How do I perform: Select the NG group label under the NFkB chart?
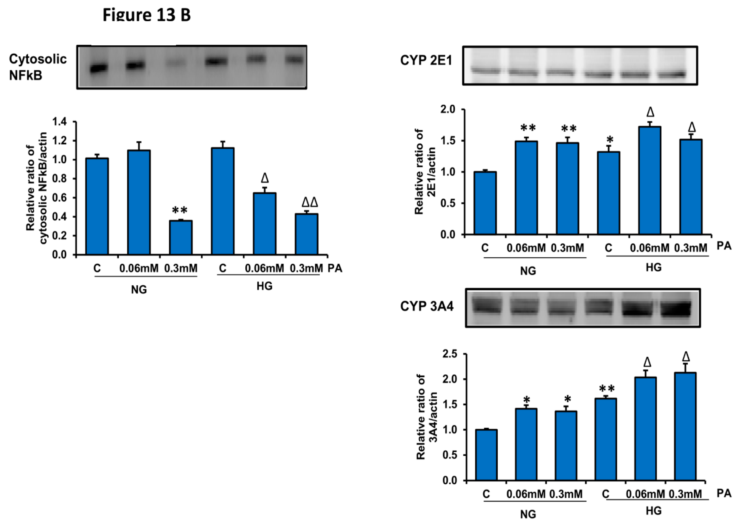(x=139, y=289)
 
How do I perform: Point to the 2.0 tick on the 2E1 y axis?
(x=448, y=110)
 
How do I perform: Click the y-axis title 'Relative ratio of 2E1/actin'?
(x=425, y=172)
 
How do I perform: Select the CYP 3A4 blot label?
(x=427, y=306)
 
